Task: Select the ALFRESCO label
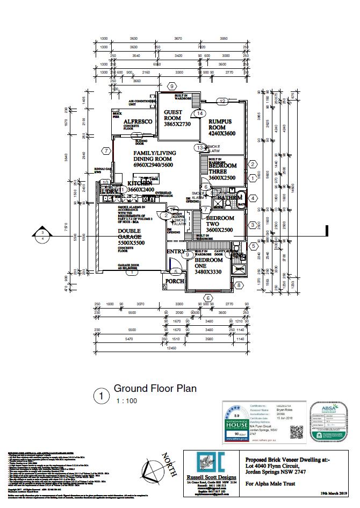[138, 123]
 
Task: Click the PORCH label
[174, 281]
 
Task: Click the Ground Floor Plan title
[155, 388]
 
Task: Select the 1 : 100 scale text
[126, 401]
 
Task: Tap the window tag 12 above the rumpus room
[222, 101]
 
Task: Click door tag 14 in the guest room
[200, 113]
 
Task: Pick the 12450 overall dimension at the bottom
[171, 363]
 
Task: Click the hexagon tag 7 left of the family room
[107, 151]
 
